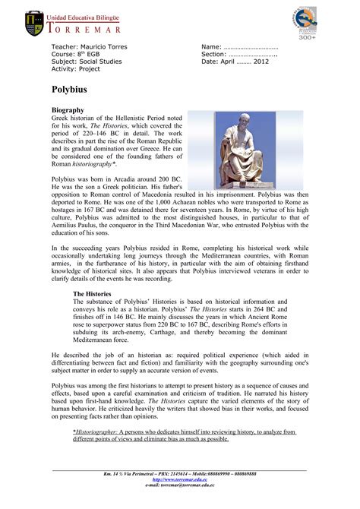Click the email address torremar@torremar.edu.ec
click(x=179, y=487)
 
